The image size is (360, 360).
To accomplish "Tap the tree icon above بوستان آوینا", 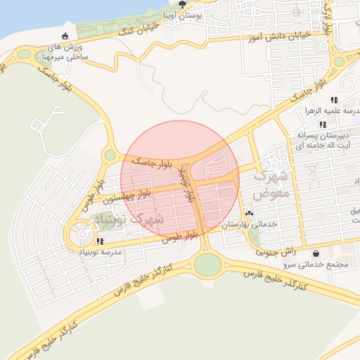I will click(183, 4).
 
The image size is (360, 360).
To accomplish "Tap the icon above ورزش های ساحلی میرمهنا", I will click(65, 37).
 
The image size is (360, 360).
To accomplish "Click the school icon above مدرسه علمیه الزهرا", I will click(333, 100).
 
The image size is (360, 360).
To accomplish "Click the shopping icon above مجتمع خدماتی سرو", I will click(316, 253).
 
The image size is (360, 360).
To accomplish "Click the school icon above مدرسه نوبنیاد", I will click(99, 241).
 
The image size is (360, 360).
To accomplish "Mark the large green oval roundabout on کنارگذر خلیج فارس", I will click(207, 265).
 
